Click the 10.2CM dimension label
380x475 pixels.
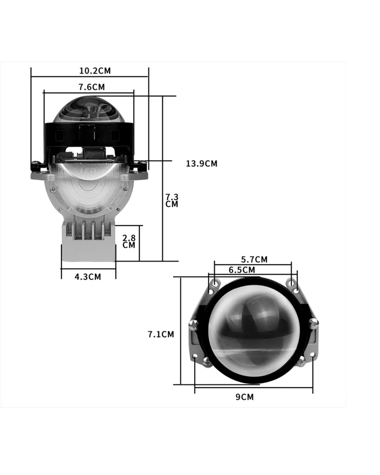[x=95, y=71]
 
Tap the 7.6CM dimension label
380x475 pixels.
[x=91, y=87]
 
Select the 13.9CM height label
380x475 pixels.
[x=202, y=164]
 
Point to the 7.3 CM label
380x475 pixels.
[x=172, y=200]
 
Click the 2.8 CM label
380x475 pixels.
[x=129, y=241]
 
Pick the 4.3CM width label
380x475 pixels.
[x=88, y=277]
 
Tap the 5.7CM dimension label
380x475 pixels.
[x=254, y=259]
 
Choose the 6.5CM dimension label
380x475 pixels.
[x=242, y=270]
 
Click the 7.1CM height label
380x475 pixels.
[x=161, y=334]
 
